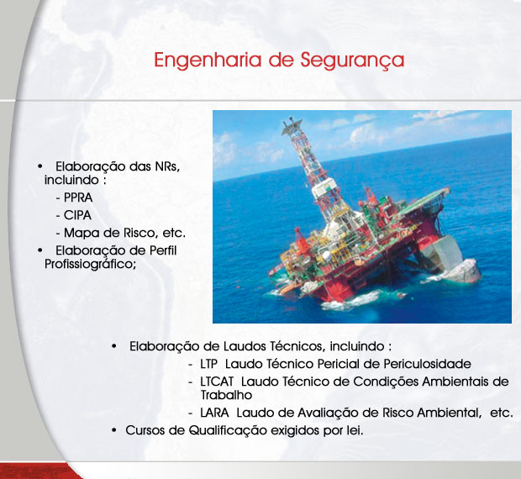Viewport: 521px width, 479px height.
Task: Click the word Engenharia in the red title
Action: pos(208,61)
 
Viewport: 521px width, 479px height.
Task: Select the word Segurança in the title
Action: pos(352,61)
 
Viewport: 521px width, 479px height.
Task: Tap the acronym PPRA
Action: pos(78,197)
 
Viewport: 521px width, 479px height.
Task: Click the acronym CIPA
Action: pos(77,215)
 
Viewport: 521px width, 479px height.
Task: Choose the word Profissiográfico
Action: pos(91,265)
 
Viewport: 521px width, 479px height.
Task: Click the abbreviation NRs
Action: pos(167,166)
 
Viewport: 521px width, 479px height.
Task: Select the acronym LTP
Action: pos(208,364)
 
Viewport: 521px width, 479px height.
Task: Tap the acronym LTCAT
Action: pos(217,382)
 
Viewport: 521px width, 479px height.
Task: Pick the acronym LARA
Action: pos(214,413)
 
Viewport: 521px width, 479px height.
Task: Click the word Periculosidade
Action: pos(427,364)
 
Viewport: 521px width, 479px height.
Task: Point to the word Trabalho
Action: pos(226,395)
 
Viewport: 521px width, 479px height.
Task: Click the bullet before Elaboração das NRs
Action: pos(40,166)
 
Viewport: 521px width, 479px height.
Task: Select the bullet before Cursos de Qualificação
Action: pos(114,431)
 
